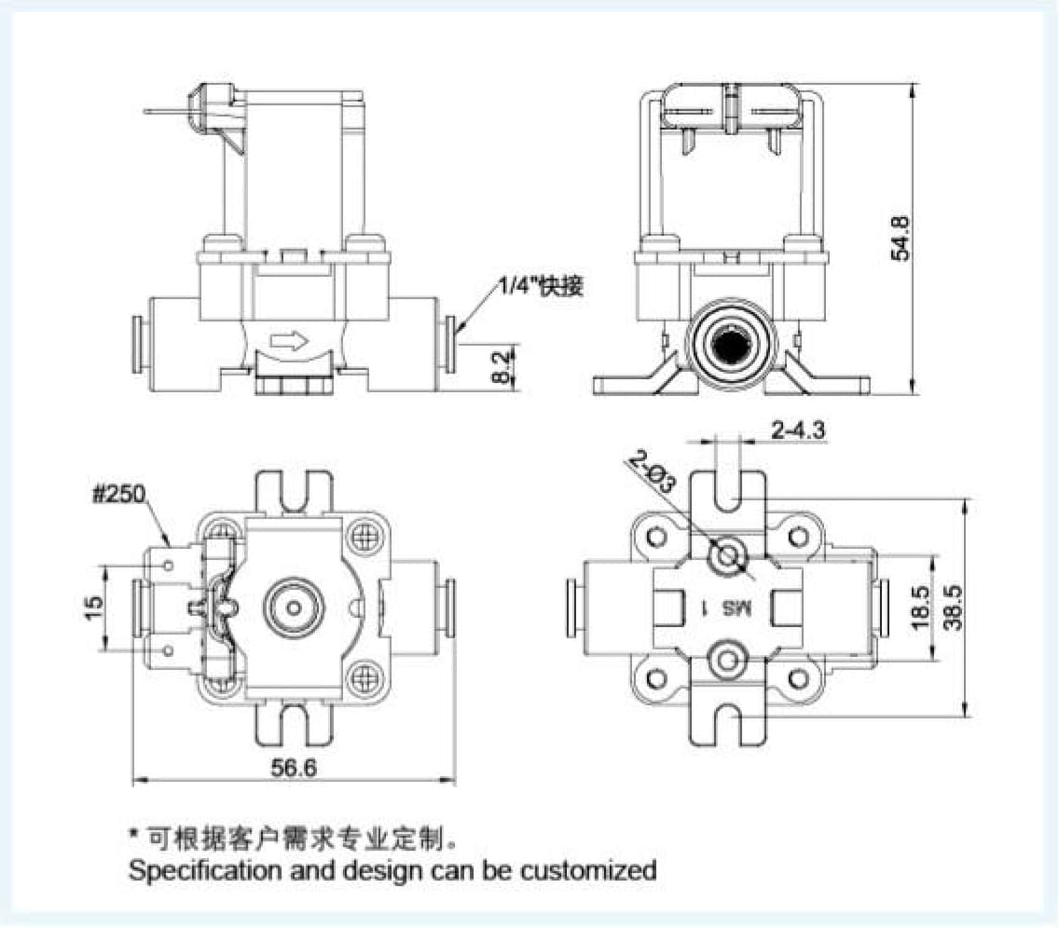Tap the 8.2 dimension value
(501, 367)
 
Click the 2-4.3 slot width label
(797, 430)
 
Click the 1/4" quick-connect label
(539, 287)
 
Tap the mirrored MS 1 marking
(723, 607)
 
